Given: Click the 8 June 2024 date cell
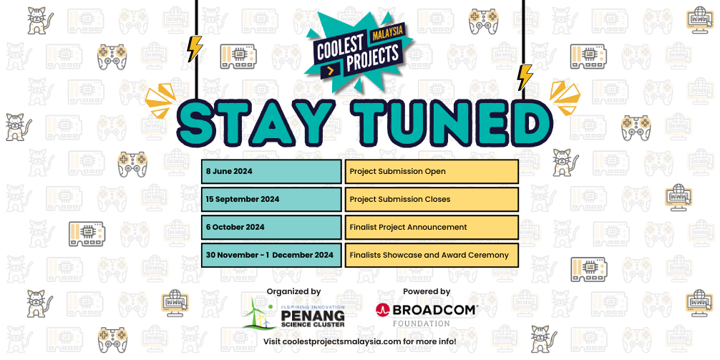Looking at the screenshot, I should click(271, 172).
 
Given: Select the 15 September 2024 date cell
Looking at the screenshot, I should click(271, 199).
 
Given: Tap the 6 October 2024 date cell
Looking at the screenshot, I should click(271, 227).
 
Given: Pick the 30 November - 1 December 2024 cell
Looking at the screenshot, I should click(271, 255).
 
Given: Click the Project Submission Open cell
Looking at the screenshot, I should click(432, 172).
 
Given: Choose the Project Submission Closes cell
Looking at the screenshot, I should click(432, 199).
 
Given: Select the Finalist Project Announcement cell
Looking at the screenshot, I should click(432, 227).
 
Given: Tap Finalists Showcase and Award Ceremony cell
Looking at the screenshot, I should click(432, 255).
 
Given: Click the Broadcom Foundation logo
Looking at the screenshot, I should click(427, 314).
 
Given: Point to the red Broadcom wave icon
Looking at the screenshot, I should click(383, 310).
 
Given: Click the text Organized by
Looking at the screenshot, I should click(293, 291).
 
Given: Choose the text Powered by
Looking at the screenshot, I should click(427, 291).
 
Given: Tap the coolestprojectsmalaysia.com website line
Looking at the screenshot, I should click(360, 341).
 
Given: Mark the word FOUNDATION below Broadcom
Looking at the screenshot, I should click(427, 323).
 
